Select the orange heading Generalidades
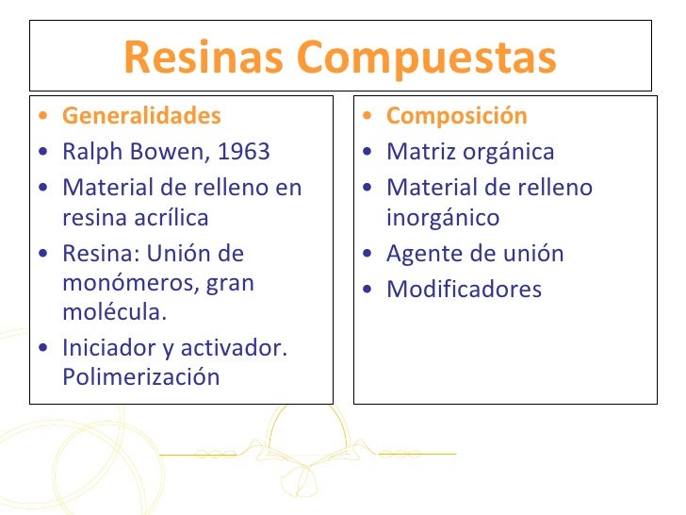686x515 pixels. pos(141,116)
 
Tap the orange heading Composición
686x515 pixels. pos(457,116)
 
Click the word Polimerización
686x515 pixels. pos(140,377)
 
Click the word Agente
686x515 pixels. pos(421,254)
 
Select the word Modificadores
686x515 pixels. pos(464,289)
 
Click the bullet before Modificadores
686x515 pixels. pos(370,290)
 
